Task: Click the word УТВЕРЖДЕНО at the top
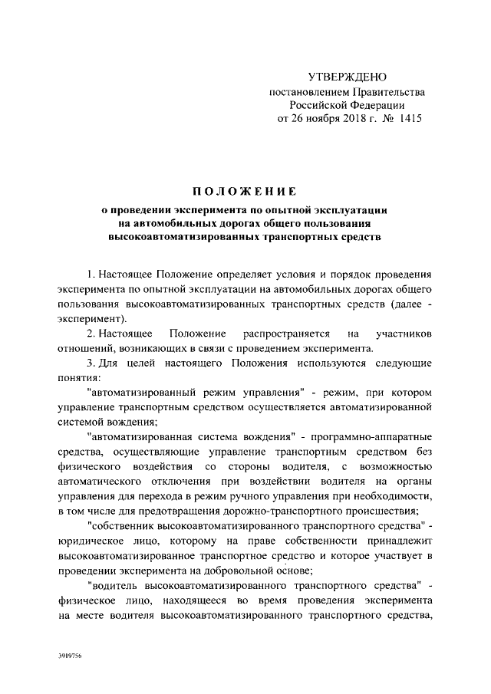[x=347, y=77]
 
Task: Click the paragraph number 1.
[x=91, y=274]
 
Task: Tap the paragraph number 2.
[x=91, y=334]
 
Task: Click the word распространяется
[x=286, y=334]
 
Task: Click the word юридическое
[x=88, y=538]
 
